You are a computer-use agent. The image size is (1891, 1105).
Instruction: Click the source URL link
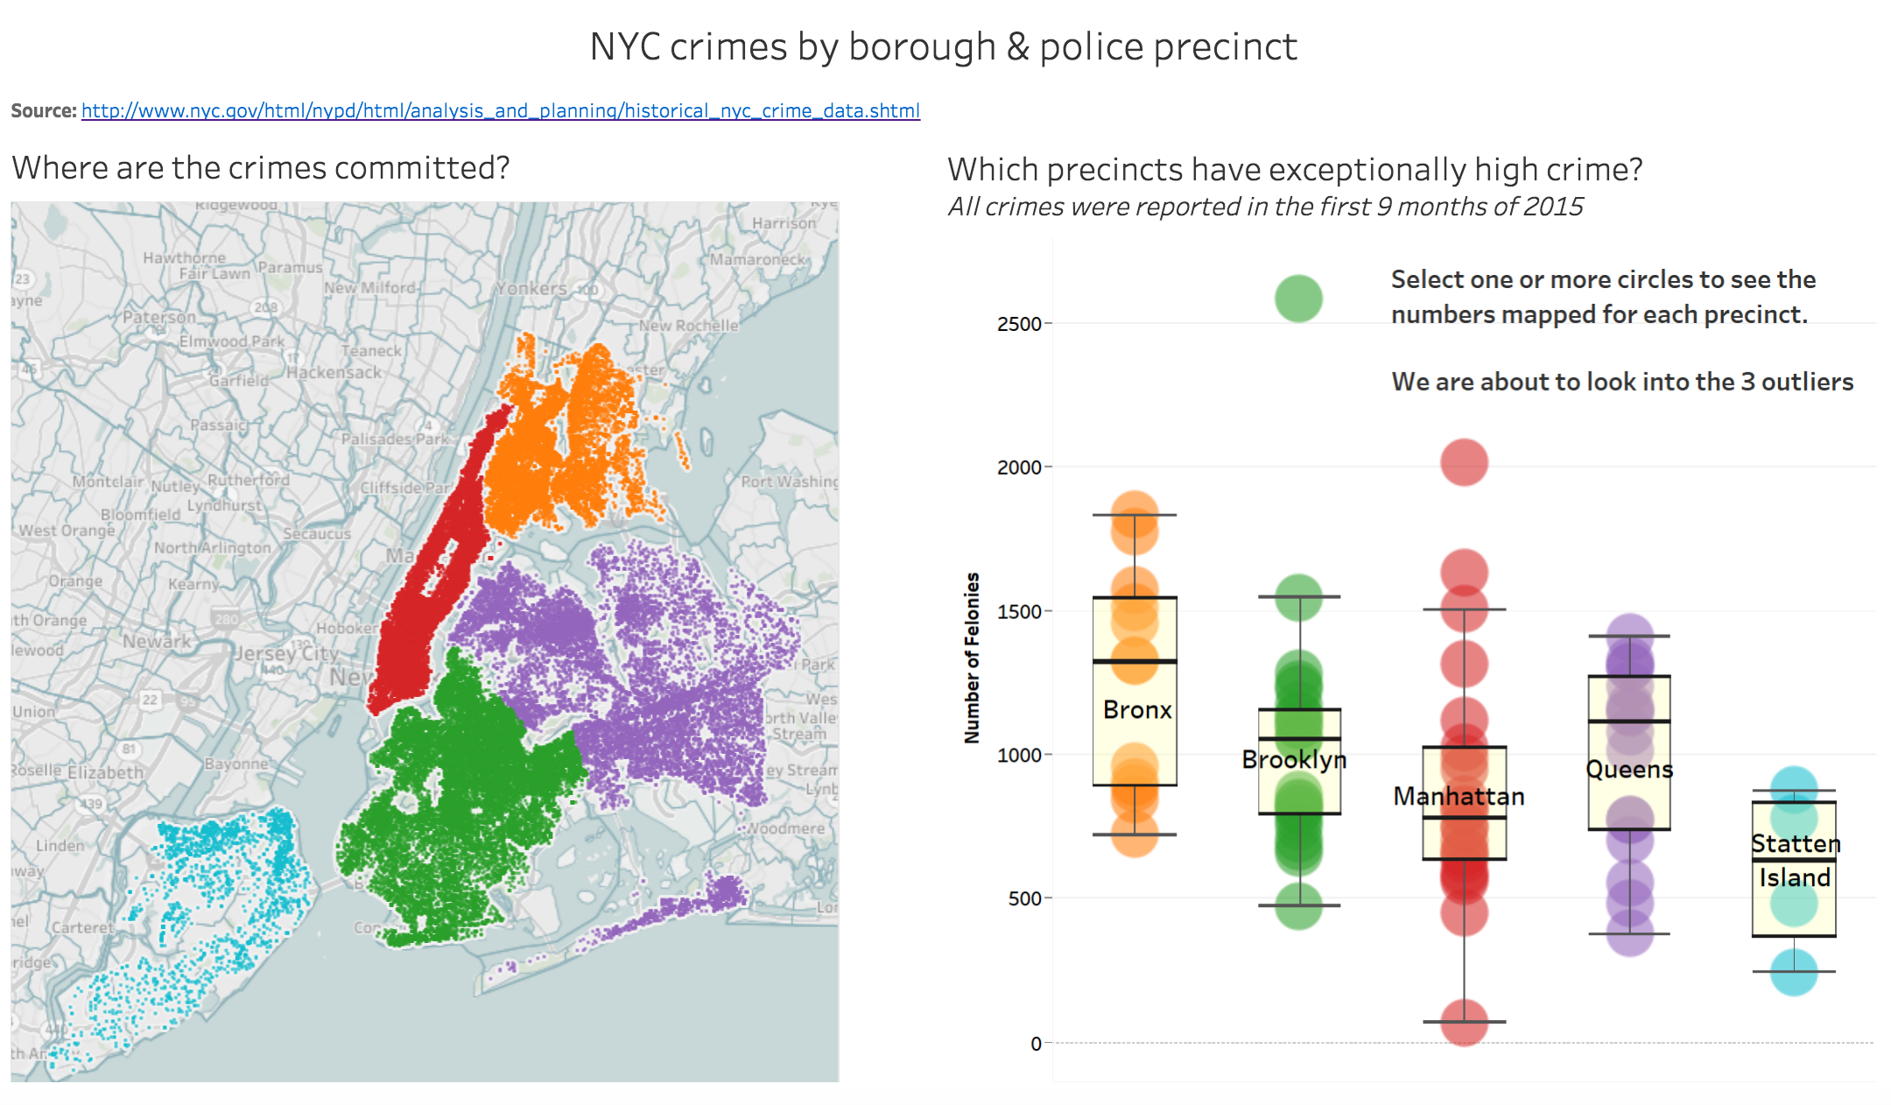click(x=500, y=111)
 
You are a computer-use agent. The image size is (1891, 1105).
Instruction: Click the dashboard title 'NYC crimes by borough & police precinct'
click(x=943, y=47)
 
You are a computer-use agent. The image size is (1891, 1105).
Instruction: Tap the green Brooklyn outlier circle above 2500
click(x=1298, y=299)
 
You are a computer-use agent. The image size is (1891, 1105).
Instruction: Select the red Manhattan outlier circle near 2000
click(x=1464, y=462)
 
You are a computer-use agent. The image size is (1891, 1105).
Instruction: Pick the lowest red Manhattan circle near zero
click(x=1464, y=1022)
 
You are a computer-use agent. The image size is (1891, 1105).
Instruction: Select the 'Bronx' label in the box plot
click(x=1136, y=710)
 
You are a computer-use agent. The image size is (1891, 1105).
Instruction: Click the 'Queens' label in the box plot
click(x=1629, y=770)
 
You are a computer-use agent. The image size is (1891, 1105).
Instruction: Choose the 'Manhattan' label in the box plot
click(x=1459, y=797)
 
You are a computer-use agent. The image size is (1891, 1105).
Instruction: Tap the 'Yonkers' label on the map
click(x=531, y=288)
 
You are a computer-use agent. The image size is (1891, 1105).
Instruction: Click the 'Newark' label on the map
click(x=157, y=641)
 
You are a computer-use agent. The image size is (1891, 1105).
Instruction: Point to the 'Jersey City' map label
click(x=286, y=653)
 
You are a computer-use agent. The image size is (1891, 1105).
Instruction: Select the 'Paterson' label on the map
click(x=159, y=316)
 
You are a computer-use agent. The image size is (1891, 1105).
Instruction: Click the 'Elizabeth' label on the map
click(x=105, y=772)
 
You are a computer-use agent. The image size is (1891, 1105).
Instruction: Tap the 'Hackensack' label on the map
click(x=334, y=372)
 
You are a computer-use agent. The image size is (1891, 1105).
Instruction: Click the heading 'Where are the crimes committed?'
click(x=261, y=168)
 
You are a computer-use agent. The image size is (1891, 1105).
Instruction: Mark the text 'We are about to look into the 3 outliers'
click(x=1622, y=382)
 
